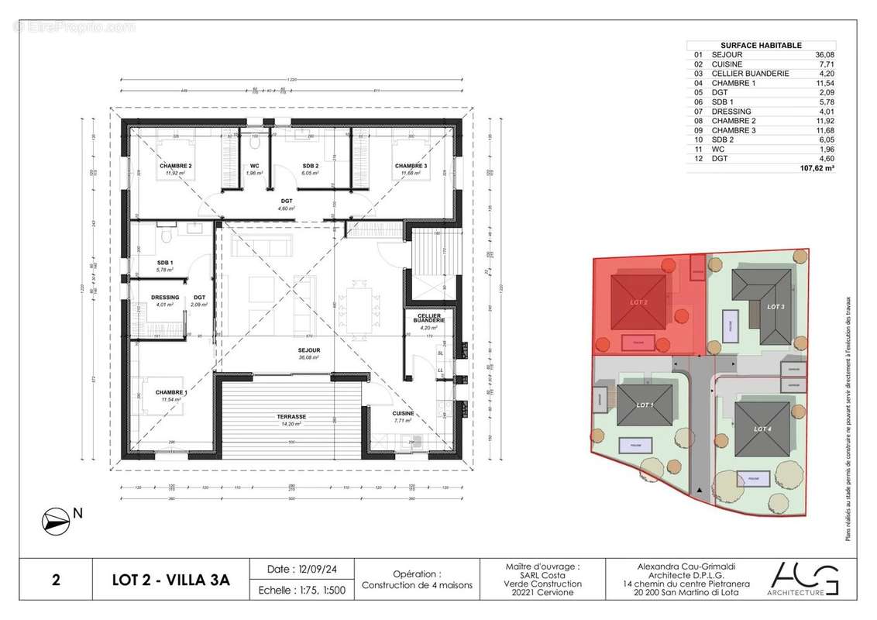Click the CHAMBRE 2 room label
tap(176, 166)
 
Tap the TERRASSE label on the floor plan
tap(291, 416)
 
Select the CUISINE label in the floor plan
tap(402, 413)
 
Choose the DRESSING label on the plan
tap(165, 298)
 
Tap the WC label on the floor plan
tap(254, 166)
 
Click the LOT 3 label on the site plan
tap(776, 307)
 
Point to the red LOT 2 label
tap(638, 301)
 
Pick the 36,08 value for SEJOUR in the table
tap(823, 55)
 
